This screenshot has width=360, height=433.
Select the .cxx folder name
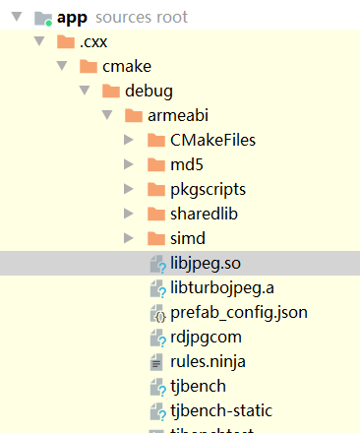pyautogui.click(x=93, y=42)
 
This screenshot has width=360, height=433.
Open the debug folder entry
pyautogui.click(x=149, y=92)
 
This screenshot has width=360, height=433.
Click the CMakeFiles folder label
pyautogui.click(x=212, y=141)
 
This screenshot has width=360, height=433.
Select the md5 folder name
pyautogui.click(x=189, y=164)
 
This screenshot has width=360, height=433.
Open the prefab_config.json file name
pyautogui.click(x=239, y=313)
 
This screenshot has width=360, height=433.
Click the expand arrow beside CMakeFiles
pyautogui.click(x=129, y=141)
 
